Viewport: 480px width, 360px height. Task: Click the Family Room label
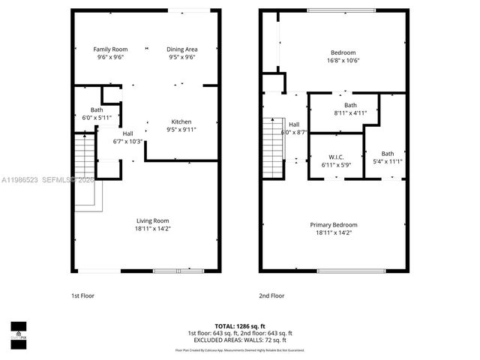(110, 53)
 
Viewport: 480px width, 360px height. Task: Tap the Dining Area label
(182, 53)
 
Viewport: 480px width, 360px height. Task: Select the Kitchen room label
(181, 125)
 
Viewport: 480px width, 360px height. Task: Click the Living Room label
(152, 224)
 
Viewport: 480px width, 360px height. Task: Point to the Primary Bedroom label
(334, 229)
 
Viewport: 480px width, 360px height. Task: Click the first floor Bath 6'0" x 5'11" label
(97, 114)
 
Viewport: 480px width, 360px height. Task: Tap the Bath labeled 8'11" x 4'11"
(350, 109)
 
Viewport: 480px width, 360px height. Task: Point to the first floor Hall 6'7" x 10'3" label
(127, 138)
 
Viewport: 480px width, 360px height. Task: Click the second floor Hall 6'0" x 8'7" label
(294, 128)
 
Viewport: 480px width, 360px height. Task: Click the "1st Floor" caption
(82, 295)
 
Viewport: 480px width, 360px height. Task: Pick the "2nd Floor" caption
(271, 295)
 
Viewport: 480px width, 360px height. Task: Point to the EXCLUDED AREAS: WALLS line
(239, 339)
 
